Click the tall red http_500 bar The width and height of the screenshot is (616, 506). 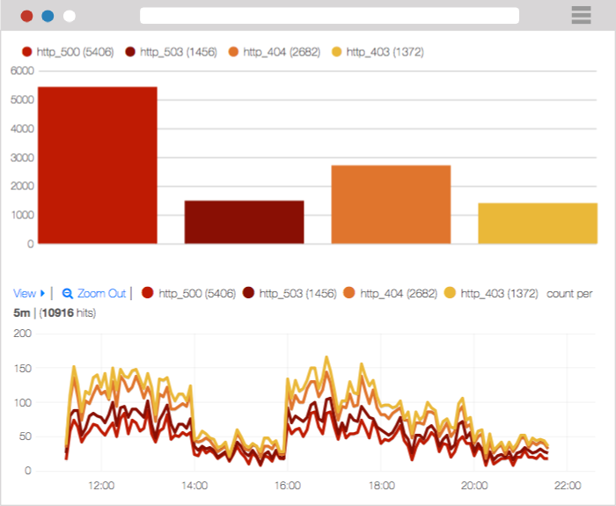[x=97, y=165]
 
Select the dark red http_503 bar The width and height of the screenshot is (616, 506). [x=244, y=222]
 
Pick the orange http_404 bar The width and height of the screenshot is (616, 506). [x=391, y=204]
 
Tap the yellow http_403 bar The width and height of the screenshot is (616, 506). [x=538, y=223]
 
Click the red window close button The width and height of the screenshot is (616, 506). [x=26, y=16]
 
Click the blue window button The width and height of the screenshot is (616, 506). [x=48, y=16]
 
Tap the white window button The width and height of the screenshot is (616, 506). [x=69, y=16]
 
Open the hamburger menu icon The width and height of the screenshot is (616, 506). [x=581, y=15]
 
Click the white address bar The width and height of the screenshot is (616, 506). [x=329, y=16]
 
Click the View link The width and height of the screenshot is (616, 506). [x=25, y=293]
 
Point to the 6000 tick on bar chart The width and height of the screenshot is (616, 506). [x=21, y=70]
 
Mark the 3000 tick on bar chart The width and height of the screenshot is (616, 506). [x=21, y=158]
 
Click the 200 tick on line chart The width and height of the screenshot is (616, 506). [x=22, y=334]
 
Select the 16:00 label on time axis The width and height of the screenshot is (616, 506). [x=288, y=485]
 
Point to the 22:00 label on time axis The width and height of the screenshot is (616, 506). [x=568, y=485]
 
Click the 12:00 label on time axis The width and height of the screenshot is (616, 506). [x=101, y=485]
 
